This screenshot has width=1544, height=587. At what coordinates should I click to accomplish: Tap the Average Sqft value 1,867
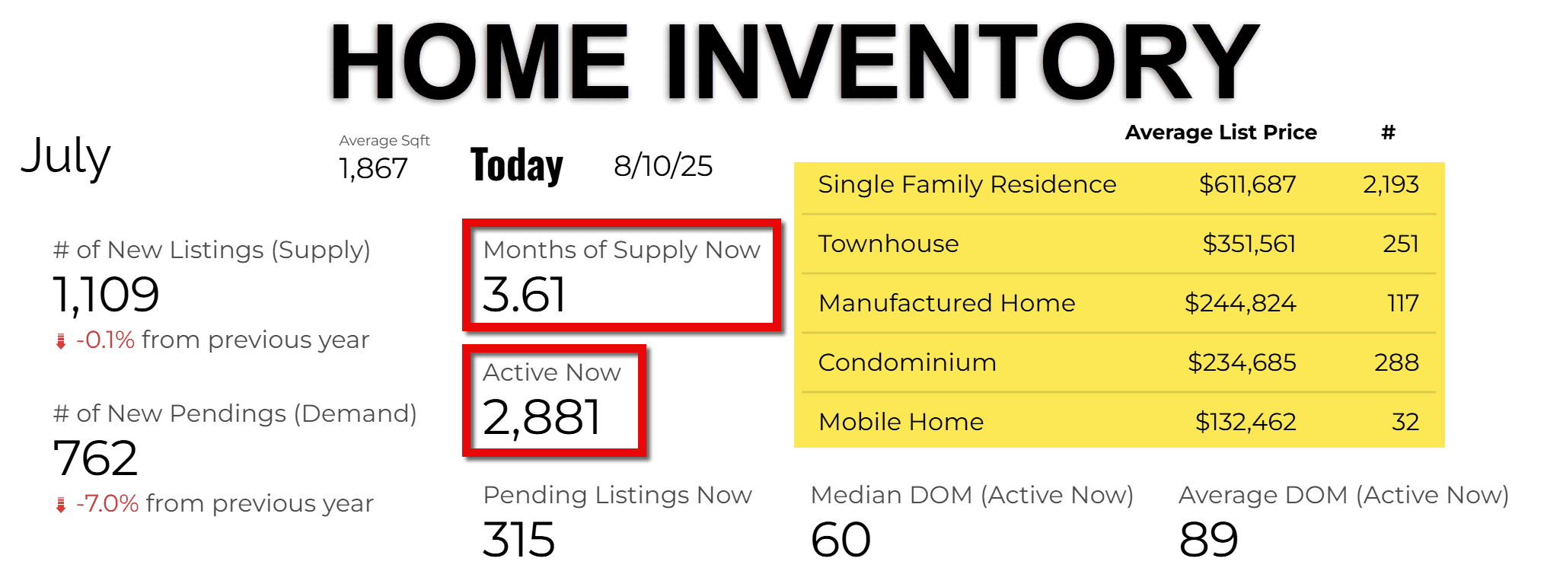pos(373,168)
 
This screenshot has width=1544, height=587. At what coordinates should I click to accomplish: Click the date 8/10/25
pos(663,166)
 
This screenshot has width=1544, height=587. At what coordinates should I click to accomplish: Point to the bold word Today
pos(517,165)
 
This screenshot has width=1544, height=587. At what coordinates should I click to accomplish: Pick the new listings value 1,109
pos(106,295)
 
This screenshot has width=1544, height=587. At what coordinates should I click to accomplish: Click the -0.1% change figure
pos(105,340)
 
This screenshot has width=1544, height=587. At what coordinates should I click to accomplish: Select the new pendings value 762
pos(95,458)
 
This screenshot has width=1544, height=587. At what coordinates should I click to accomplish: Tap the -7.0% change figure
pos(107,503)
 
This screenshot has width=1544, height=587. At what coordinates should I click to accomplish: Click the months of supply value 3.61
pos(525,295)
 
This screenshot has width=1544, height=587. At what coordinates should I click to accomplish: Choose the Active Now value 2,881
pos(542,417)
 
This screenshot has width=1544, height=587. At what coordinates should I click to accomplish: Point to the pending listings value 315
pos(519,540)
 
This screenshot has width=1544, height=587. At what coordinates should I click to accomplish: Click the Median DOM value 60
pos(841,540)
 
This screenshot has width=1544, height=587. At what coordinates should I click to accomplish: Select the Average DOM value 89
pos(1209,540)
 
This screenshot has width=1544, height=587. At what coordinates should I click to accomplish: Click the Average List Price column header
pos(1221,132)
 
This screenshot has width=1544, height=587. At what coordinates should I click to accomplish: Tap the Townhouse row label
pos(888,244)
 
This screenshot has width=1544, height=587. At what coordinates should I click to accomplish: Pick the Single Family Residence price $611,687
pos(1247,184)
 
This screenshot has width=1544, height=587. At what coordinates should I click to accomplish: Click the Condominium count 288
pos(1396,362)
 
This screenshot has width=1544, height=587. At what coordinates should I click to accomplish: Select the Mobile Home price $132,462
pos(1246,422)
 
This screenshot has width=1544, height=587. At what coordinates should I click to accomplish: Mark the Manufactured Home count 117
pos(1403,303)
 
